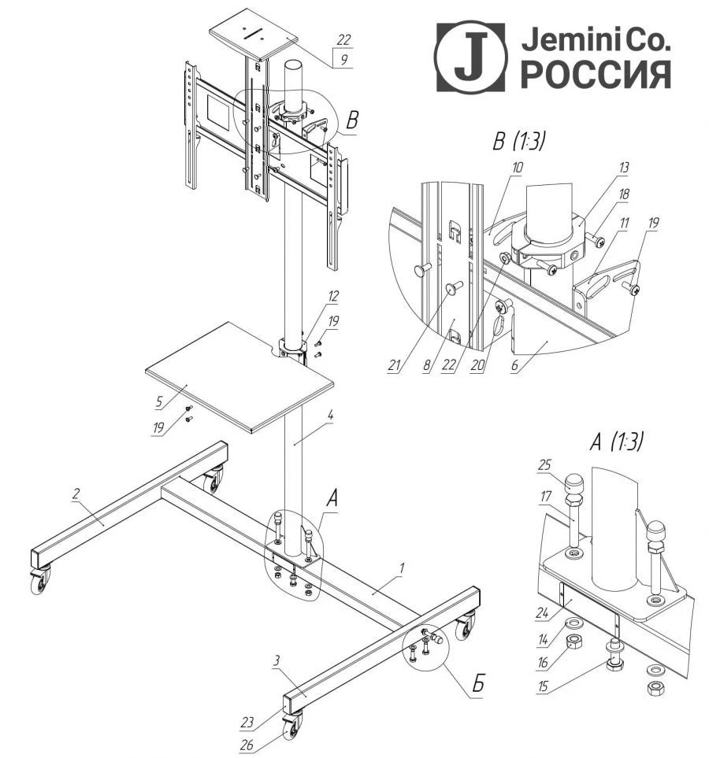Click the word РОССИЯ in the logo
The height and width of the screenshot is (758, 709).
(x=597, y=74)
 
